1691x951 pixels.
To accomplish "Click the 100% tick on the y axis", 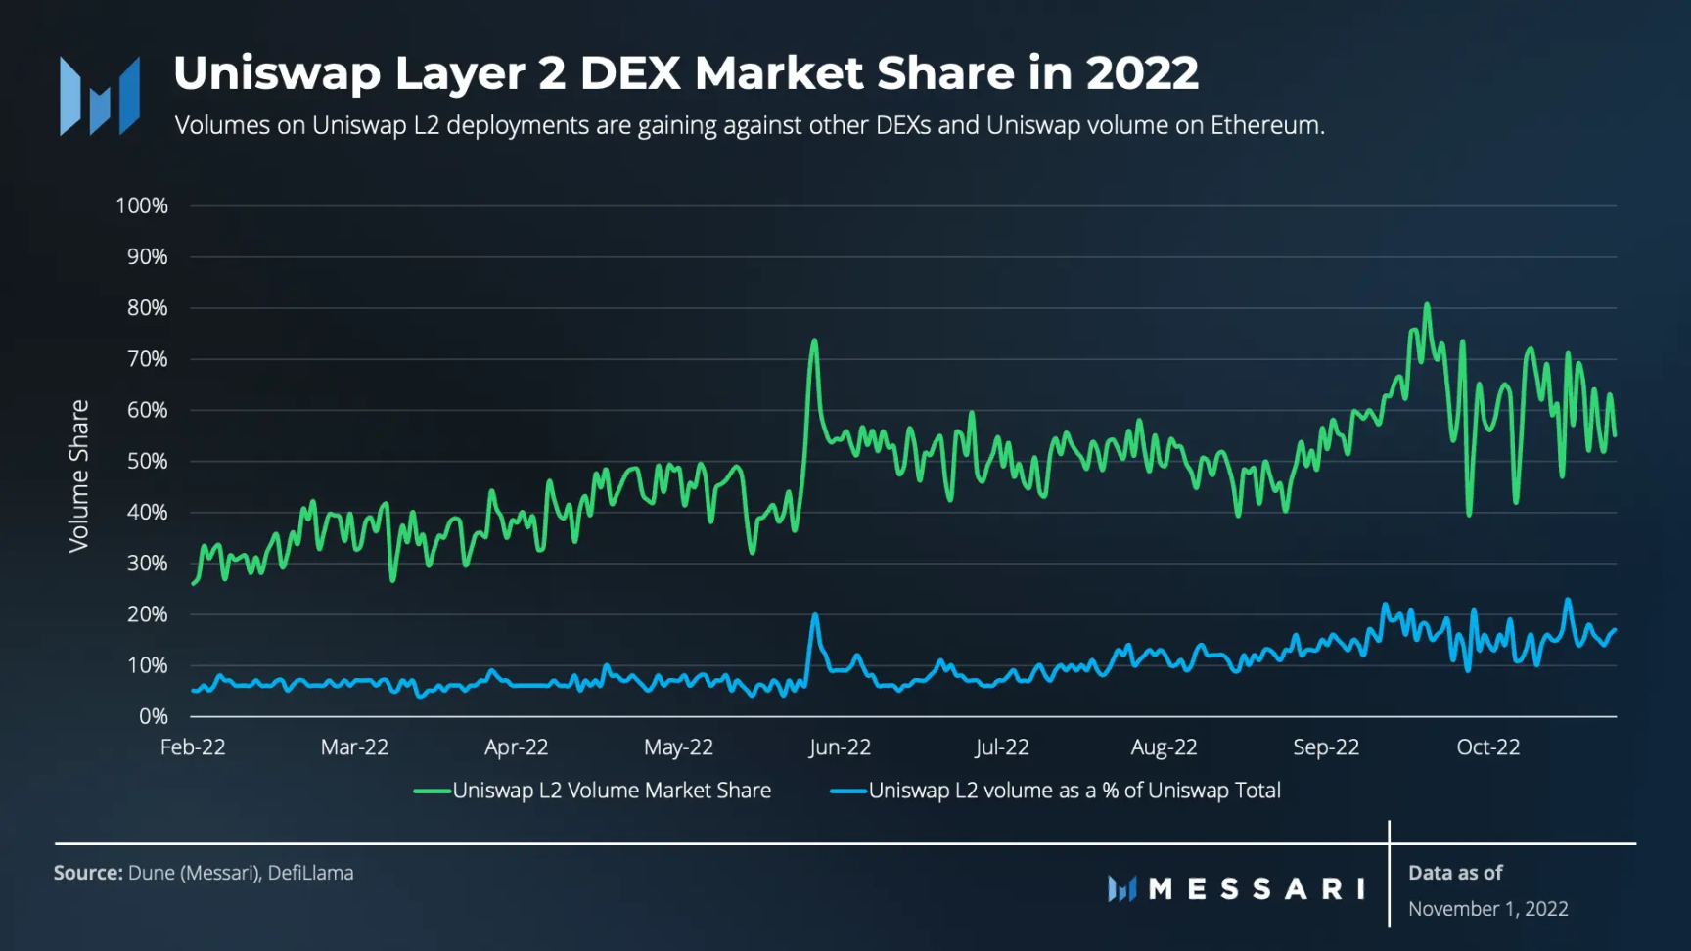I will coord(142,205).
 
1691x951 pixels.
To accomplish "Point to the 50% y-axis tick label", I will coord(147,461).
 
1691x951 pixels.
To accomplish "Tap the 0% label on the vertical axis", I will coord(153,716).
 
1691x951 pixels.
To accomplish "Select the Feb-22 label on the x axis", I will coord(193,747).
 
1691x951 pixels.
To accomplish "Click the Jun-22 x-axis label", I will coord(840,747).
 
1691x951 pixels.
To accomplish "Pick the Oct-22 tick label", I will coord(1487,747).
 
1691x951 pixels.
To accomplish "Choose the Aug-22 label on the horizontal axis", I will coord(1164,747).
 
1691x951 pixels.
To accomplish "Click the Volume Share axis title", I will coord(78,475).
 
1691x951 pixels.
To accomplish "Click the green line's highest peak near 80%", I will coord(1427,305).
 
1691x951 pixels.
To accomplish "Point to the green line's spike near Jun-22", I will coord(814,341).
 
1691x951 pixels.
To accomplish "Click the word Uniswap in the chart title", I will coord(277,73).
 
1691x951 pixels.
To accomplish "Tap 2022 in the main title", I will coord(1142,73).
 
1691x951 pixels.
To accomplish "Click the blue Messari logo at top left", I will coord(100,96).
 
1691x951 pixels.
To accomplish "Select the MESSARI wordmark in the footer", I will coord(1256,888).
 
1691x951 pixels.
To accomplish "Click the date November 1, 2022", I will coord(1487,909).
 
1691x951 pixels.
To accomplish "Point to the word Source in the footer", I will coord(88,873).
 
